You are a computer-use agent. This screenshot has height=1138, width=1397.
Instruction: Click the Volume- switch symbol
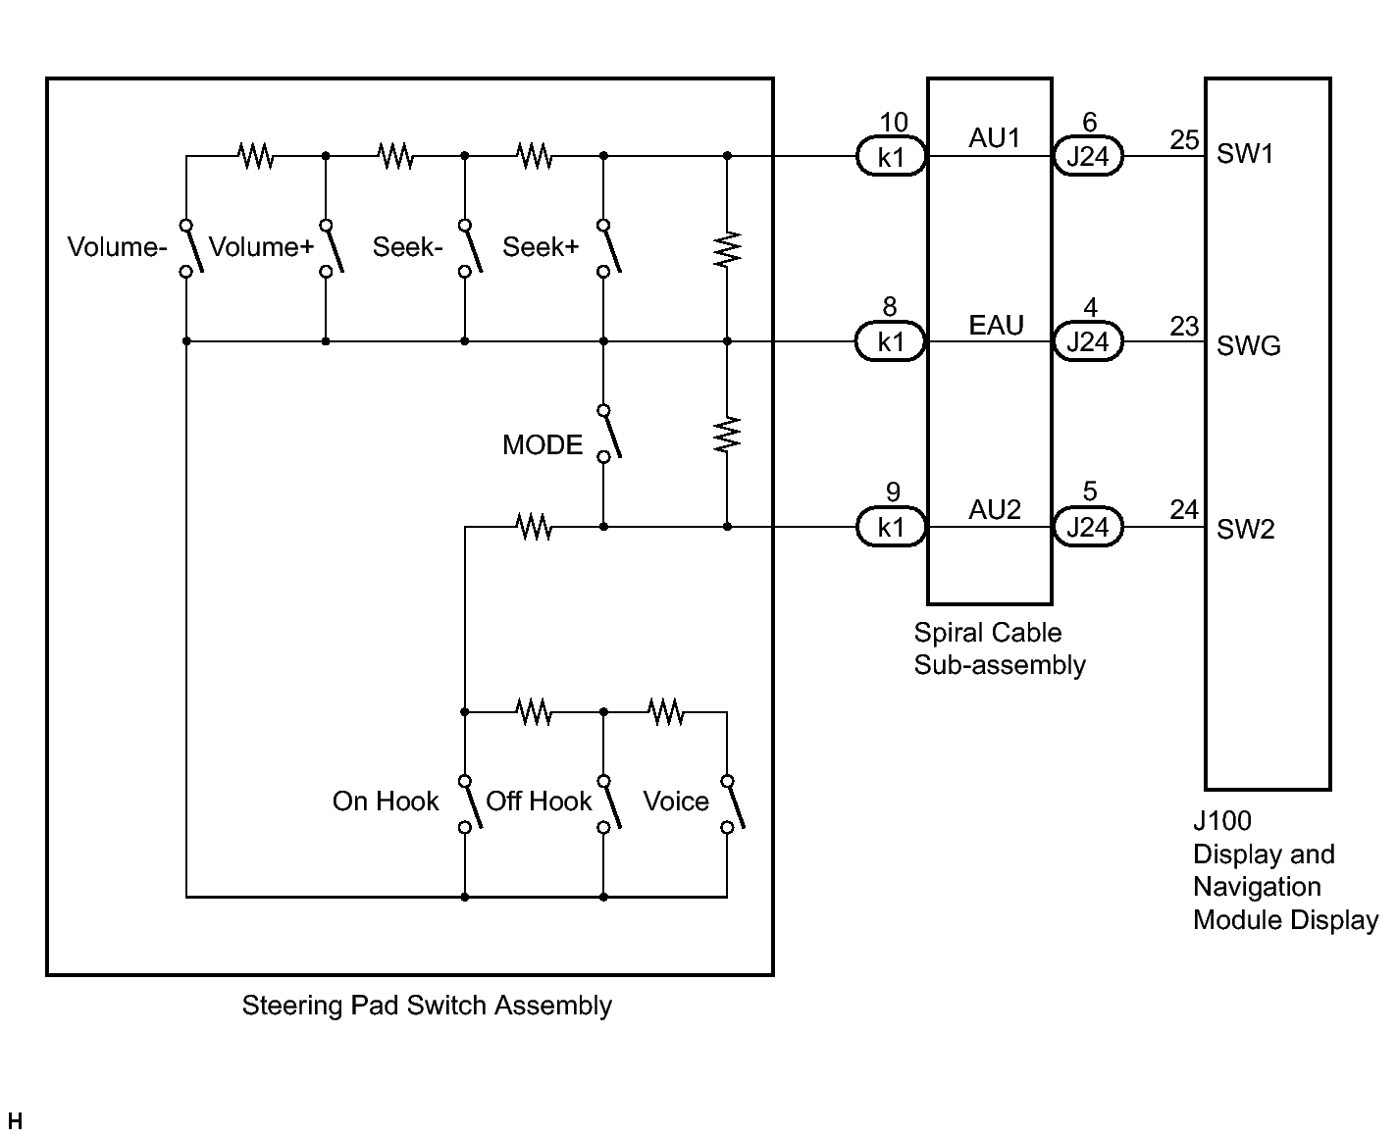(191, 248)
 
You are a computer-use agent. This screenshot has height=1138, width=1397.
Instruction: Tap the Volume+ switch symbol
(332, 248)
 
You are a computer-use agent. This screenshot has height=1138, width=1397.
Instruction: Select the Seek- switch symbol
(470, 248)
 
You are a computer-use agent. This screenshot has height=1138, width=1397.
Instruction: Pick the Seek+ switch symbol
(609, 248)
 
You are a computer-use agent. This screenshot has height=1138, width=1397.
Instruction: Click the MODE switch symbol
(609, 435)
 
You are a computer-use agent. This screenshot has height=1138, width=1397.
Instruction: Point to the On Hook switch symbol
(470, 804)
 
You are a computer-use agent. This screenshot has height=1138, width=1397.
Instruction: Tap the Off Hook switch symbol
(609, 804)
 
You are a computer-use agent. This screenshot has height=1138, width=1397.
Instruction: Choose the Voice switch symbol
(733, 804)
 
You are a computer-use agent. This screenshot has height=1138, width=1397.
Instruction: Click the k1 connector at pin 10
(891, 156)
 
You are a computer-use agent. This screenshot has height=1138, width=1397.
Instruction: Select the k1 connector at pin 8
(891, 341)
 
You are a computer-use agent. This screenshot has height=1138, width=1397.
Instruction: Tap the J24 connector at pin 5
(1088, 527)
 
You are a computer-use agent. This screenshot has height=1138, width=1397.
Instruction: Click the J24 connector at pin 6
(1088, 156)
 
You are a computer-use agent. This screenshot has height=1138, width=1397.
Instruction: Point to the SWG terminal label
(1248, 345)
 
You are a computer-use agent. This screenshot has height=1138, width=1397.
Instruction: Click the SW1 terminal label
(1245, 153)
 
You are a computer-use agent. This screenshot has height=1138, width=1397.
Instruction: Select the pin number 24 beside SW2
(1184, 509)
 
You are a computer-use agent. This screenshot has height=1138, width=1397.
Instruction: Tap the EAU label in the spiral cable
(996, 326)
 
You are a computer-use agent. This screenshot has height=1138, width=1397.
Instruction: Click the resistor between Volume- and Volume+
(255, 156)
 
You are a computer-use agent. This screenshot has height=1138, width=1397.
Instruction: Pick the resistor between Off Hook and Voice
(666, 711)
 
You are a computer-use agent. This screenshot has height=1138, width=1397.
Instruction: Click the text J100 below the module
(1221, 820)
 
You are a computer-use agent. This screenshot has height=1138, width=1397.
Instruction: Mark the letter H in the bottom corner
(15, 1121)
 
